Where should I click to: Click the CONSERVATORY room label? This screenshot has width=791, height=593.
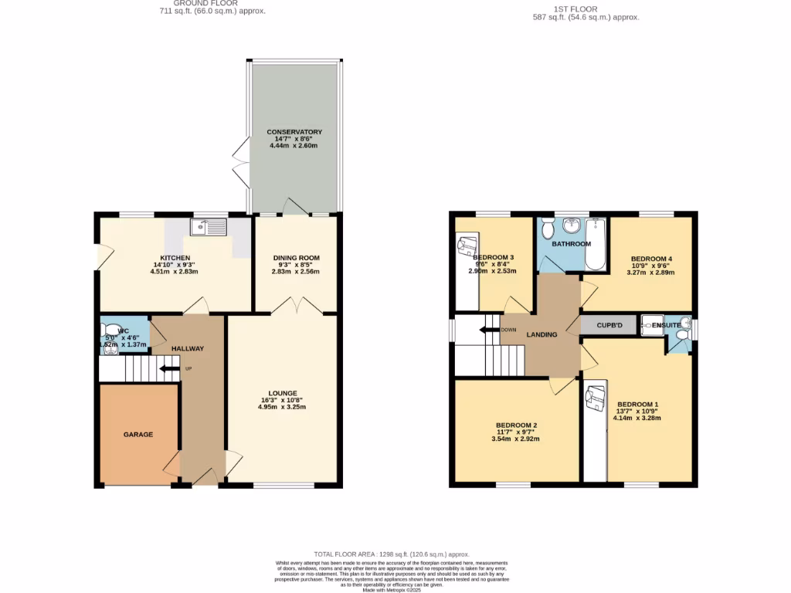tap(294, 132)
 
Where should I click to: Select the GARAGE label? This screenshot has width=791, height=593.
tap(138, 435)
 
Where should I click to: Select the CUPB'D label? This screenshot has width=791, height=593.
tap(609, 326)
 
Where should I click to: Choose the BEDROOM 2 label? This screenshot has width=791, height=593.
tap(517, 425)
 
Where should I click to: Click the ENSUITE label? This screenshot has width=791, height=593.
tap(666, 326)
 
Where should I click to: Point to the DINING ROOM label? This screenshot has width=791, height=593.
tap(296, 258)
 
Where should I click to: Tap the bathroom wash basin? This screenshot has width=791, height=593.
tap(572, 225)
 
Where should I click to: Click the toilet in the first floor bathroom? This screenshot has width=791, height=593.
tap(547, 229)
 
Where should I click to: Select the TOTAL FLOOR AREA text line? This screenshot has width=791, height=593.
tap(391, 554)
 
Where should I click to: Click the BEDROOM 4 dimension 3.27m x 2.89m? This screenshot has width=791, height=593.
tap(651, 272)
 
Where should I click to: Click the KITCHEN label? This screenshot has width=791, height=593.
tap(175, 258)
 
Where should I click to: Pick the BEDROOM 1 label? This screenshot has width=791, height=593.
tap(637, 405)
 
